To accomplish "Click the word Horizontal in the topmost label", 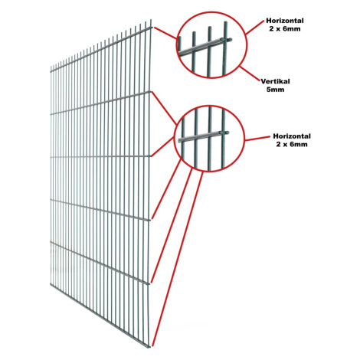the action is (x=285, y=21).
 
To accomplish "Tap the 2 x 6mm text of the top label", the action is (x=285, y=28).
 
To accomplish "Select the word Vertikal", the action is (x=275, y=81).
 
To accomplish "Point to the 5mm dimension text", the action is (x=275, y=90).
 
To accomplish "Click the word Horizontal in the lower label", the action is (x=292, y=136).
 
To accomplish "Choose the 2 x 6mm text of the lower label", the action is (x=292, y=144).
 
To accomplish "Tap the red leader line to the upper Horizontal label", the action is (x=254, y=27).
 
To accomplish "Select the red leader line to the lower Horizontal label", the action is (x=257, y=139).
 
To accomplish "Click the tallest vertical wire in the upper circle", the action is (x=225, y=48).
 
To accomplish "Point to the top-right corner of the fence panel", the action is (x=152, y=20).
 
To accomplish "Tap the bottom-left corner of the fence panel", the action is (x=51, y=284).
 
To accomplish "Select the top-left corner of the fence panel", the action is (x=51, y=67).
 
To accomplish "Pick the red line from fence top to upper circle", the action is (x=165, y=33).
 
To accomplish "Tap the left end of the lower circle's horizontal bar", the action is (x=179, y=140).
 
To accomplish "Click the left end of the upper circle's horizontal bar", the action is (x=179, y=54).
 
